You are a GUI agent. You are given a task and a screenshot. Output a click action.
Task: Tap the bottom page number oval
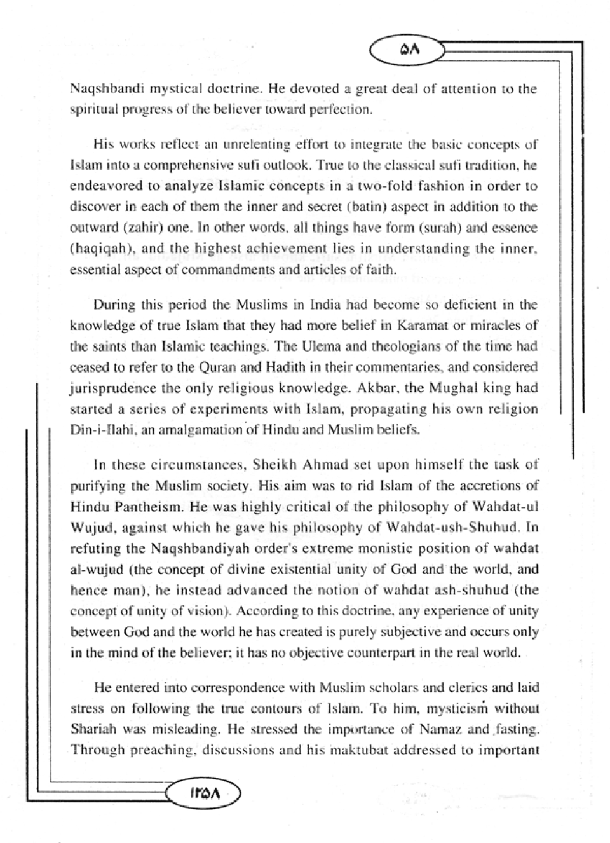203,793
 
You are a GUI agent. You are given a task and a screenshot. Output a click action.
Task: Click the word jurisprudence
111,388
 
